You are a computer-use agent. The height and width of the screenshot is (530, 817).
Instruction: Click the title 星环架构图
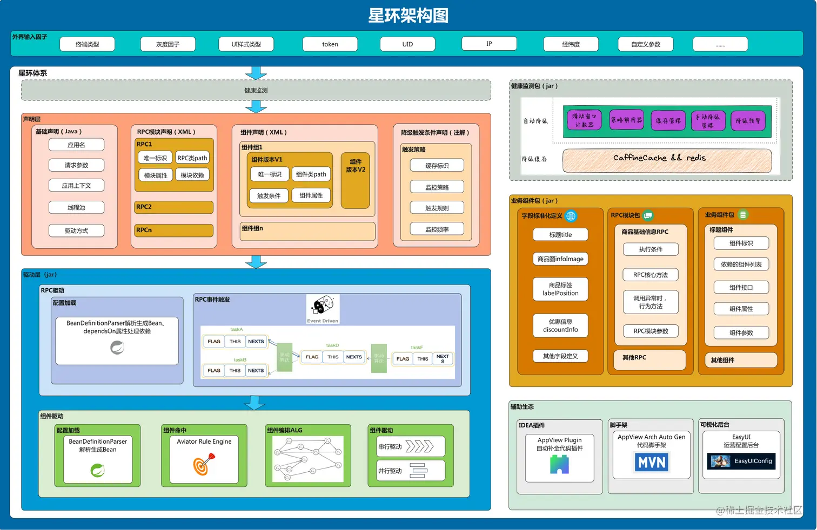[x=408, y=16]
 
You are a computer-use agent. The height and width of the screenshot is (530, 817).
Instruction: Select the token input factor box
[x=330, y=44]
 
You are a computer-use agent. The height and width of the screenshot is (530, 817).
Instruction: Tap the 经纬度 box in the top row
[x=571, y=44]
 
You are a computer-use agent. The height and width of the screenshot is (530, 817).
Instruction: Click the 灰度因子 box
[x=168, y=44]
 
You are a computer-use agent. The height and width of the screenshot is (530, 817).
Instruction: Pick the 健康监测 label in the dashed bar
[x=256, y=91]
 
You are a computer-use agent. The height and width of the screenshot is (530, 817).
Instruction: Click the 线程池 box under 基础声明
[x=76, y=208]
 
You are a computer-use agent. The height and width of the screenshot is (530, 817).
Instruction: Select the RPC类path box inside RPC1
[x=192, y=158]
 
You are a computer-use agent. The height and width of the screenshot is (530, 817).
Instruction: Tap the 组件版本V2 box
[x=356, y=180]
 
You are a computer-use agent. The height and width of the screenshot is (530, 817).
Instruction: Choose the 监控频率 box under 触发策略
[x=437, y=229]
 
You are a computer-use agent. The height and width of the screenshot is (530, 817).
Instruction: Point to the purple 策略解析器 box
[x=626, y=120]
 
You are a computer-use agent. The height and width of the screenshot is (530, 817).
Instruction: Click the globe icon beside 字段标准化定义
[x=571, y=216]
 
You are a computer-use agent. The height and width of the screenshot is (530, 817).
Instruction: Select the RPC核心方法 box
[x=651, y=275]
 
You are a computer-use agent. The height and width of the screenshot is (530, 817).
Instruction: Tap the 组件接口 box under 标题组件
[x=741, y=288]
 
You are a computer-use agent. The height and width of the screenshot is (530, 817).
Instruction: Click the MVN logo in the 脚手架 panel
[x=652, y=463]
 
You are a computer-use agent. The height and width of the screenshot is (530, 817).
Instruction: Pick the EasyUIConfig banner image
[x=741, y=461]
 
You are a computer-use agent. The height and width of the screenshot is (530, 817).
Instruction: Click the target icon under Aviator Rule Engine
[x=203, y=464]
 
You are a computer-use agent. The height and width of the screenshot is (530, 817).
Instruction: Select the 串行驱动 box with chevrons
[x=410, y=447]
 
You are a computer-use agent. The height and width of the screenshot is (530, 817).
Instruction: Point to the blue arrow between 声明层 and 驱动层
[x=256, y=262]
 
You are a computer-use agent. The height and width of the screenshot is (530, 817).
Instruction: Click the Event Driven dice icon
[x=323, y=307]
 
